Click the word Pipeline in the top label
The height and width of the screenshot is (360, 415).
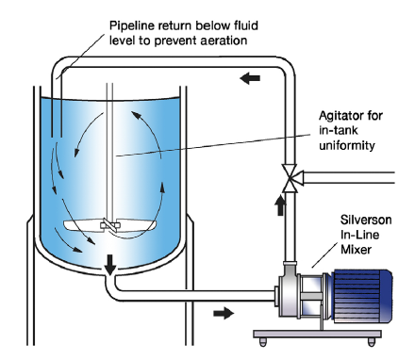coord(132,25)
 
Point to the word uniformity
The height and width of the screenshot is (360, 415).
coord(347,145)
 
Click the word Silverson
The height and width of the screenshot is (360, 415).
coord(366,220)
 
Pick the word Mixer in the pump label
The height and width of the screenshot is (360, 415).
coord(356,250)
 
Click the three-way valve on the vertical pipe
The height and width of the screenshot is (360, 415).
coord(290,178)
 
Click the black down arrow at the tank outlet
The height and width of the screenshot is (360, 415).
coord(110,265)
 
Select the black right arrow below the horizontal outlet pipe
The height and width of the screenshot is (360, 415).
coord(224,313)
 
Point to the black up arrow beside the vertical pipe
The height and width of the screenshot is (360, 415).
coord(280,205)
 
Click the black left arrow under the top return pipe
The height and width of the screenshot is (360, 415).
coord(250,78)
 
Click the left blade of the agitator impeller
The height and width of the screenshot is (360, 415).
coord(82,225)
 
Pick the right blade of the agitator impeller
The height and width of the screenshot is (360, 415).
coord(138,225)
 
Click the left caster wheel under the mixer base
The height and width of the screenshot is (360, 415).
coord(263,341)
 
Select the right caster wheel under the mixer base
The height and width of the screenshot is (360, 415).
coord(372,341)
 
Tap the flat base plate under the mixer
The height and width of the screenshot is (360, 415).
coord(318,334)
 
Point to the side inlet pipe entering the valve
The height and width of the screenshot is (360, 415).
coord(347,178)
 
